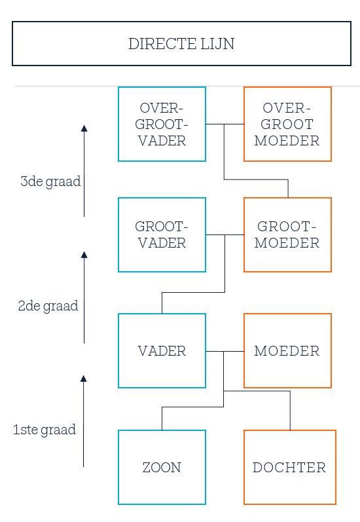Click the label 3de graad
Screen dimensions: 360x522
click(x=50, y=182)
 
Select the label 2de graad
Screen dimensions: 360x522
click(x=48, y=306)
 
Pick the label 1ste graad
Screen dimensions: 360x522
click(x=45, y=430)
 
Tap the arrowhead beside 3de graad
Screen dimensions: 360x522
click(x=84, y=128)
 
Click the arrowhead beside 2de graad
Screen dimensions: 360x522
click(x=84, y=255)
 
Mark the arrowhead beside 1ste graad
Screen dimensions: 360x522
click(x=84, y=379)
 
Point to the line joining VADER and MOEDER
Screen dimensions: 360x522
click(x=225, y=351)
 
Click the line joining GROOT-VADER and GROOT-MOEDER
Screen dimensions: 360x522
click(x=225, y=234)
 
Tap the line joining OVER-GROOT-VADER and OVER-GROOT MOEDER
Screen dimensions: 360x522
click(x=225, y=124)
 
